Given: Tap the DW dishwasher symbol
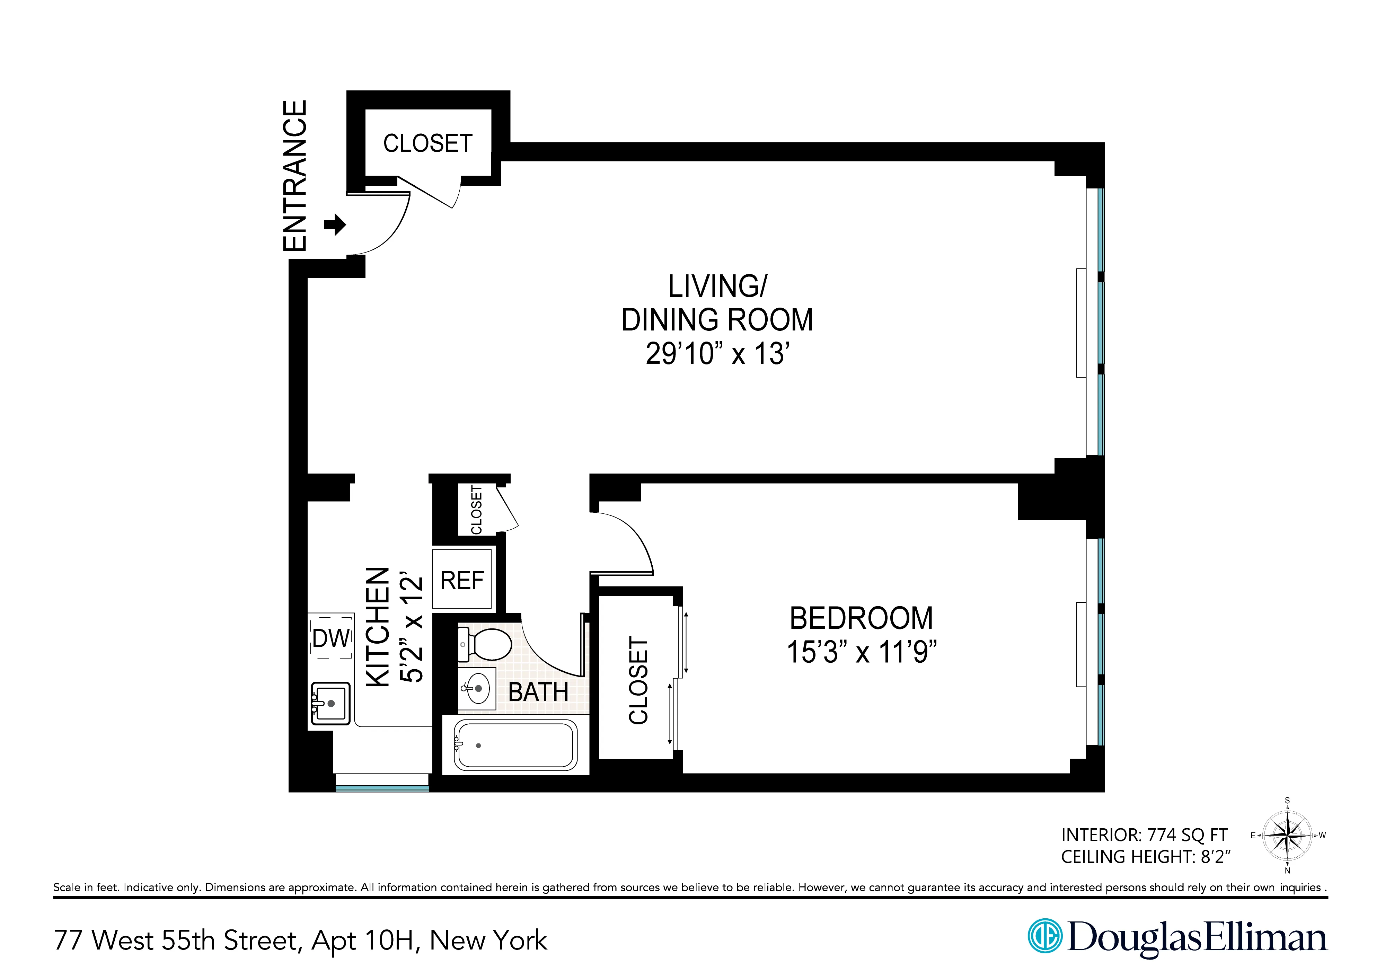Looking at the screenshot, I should tap(331, 638).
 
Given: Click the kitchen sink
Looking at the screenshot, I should tap(330, 703).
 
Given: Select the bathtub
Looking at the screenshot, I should tap(515, 745).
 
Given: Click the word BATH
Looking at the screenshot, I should tap(538, 692).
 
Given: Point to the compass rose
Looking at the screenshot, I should tap(1287, 836).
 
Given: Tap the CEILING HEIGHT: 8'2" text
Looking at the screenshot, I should tap(1145, 857).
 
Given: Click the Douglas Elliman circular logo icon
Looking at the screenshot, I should tap(1044, 937).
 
